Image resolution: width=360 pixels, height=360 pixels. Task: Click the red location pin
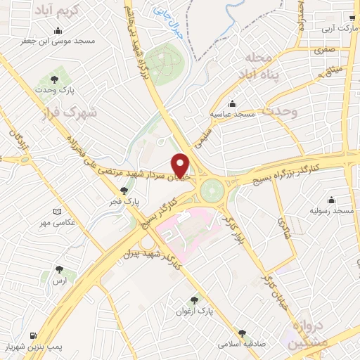pos(181,165)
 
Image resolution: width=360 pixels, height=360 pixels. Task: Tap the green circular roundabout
pos(210,189)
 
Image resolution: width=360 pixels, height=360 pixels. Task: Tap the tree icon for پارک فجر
pos(124,189)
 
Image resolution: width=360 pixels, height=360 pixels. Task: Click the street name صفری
pos(321,51)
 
